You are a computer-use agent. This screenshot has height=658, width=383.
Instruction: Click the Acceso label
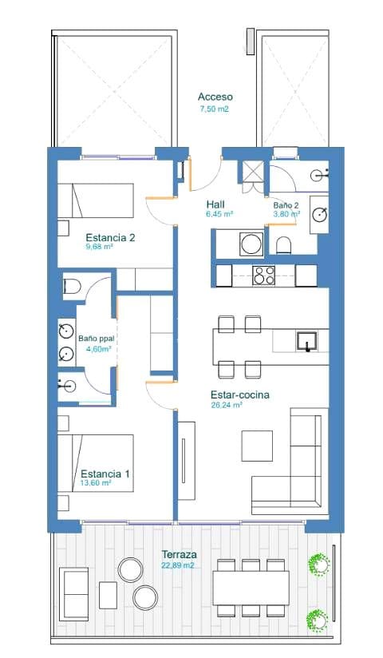coord(215,97)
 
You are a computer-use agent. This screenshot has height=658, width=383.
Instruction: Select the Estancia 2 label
coord(110,237)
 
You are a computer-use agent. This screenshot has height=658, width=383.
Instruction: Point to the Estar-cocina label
coord(239,394)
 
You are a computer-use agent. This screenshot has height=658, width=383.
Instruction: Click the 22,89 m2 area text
coord(178,565)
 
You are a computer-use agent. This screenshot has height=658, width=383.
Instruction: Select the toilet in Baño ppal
coord(71,287)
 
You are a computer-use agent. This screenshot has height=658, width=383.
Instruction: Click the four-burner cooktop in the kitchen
coord(263,276)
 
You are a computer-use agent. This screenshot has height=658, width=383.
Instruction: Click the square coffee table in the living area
coord(258,444)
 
